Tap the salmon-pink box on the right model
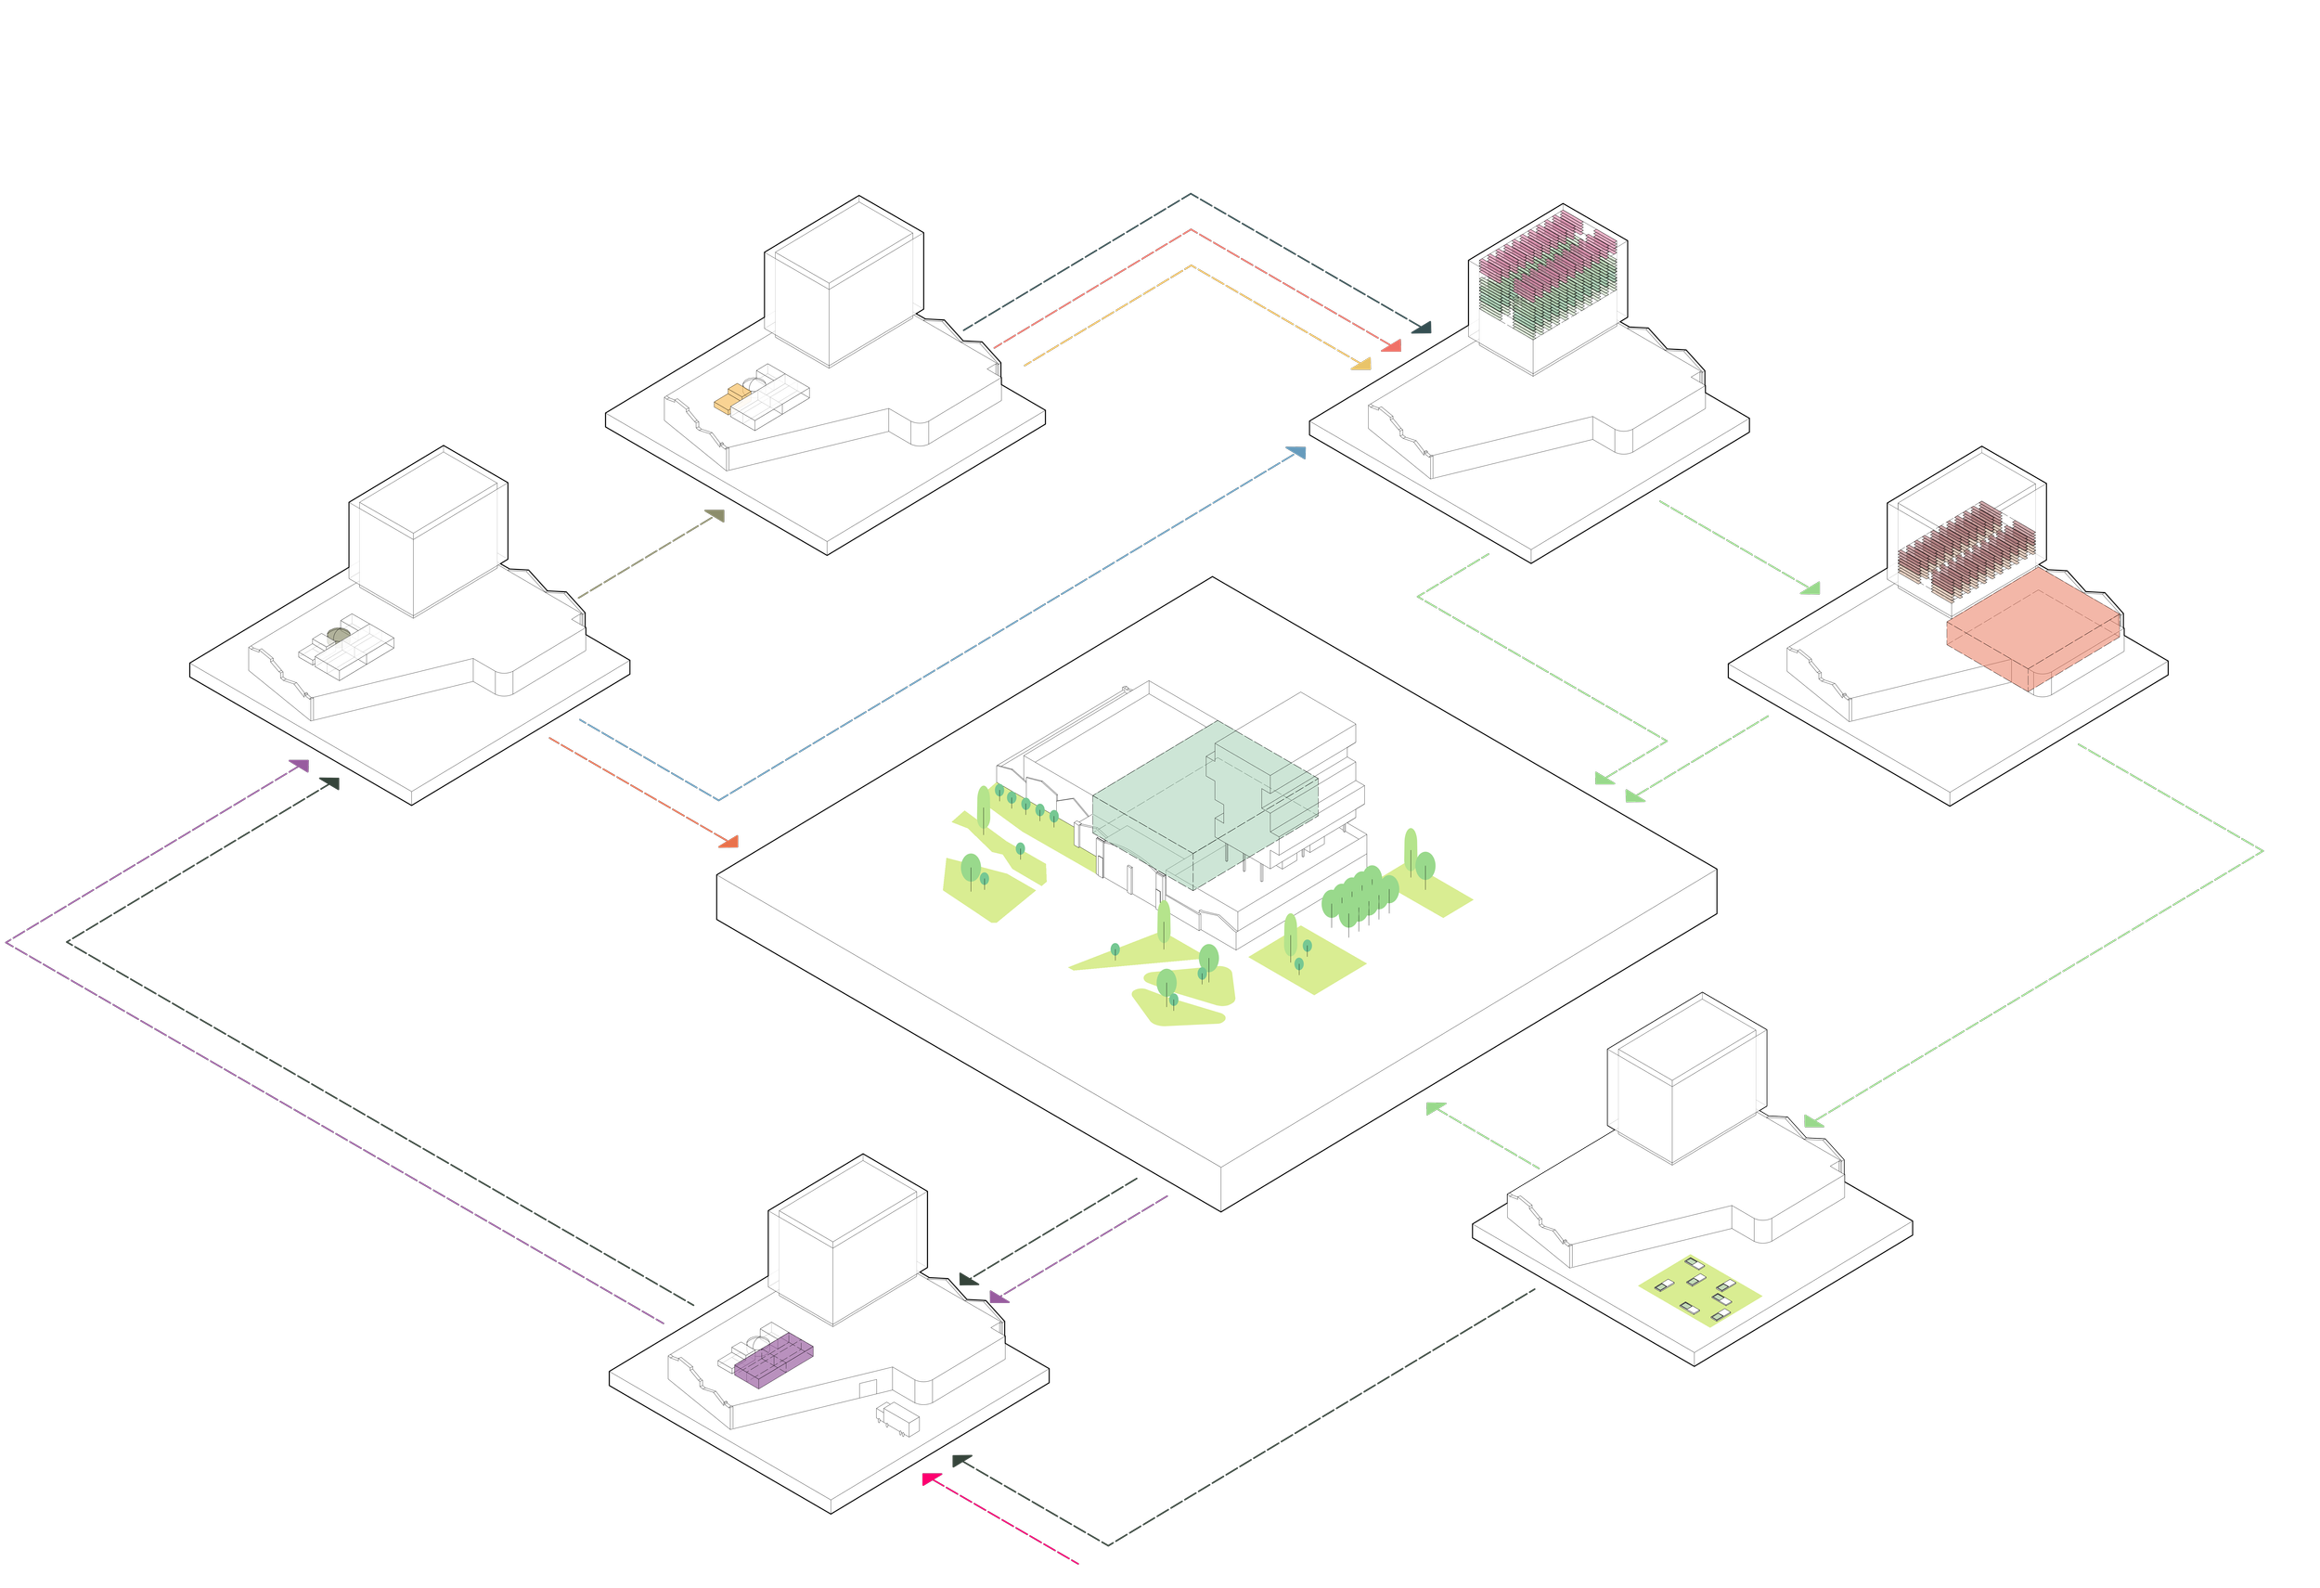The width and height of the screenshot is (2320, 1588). click(x=2032, y=626)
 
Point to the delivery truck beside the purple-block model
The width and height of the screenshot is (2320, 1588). click(x=897, y=1418)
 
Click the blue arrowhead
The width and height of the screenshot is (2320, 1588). click(x=1295, y=453)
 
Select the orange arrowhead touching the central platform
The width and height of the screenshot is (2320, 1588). click(x=728, y=843)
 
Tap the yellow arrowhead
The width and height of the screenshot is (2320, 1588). click(x=1361, y=366)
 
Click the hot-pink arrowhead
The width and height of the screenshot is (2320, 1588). click(x=931, y=1479)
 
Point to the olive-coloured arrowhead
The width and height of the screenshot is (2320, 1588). click(x=715, y=516)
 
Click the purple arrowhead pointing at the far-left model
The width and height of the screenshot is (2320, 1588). click(x=299, y=766)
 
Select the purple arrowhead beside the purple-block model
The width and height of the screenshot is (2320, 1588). click(x=999, y=1298)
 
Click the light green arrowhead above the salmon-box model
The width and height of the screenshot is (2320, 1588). click(x=1810, y=589)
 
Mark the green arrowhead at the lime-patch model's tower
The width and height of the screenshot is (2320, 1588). click(x=1815, y=1123)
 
